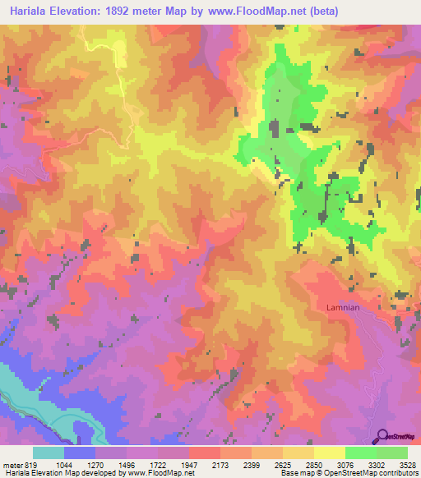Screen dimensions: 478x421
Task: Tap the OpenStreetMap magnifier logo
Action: pos(382,436)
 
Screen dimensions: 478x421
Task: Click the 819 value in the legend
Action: pos(30,464)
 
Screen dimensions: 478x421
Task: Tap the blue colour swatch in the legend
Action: pos(80,453)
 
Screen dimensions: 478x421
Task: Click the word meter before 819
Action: pos(12,464)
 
